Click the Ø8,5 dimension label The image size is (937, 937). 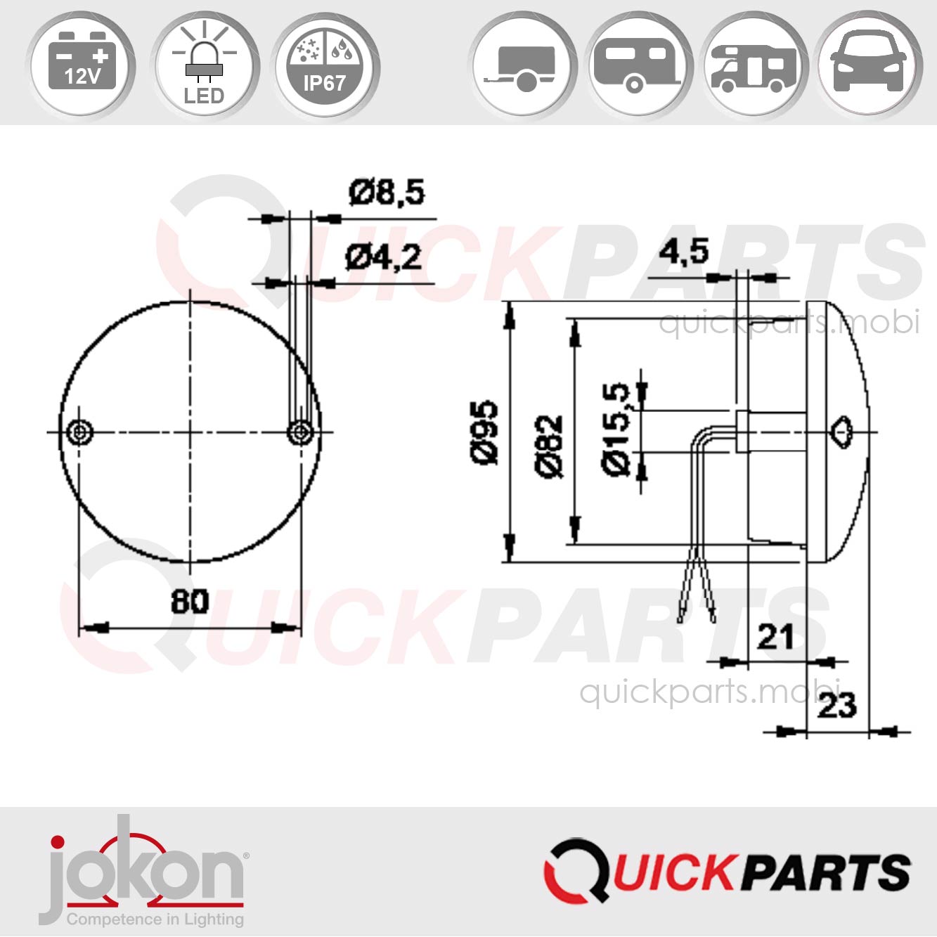pos(387,193)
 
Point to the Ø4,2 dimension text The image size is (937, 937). pos(383,258)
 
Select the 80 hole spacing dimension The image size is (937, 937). pos(190,602)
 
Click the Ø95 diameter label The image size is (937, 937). pos(484,432)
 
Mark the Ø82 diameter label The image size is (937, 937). pos(550,446)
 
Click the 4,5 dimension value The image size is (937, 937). pos(683,252)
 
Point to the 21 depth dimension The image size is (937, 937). pos(775,637)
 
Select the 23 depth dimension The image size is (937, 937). pos(836,705)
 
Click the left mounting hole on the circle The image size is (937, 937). pos(79,432)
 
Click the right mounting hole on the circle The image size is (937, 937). pos(301,432)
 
